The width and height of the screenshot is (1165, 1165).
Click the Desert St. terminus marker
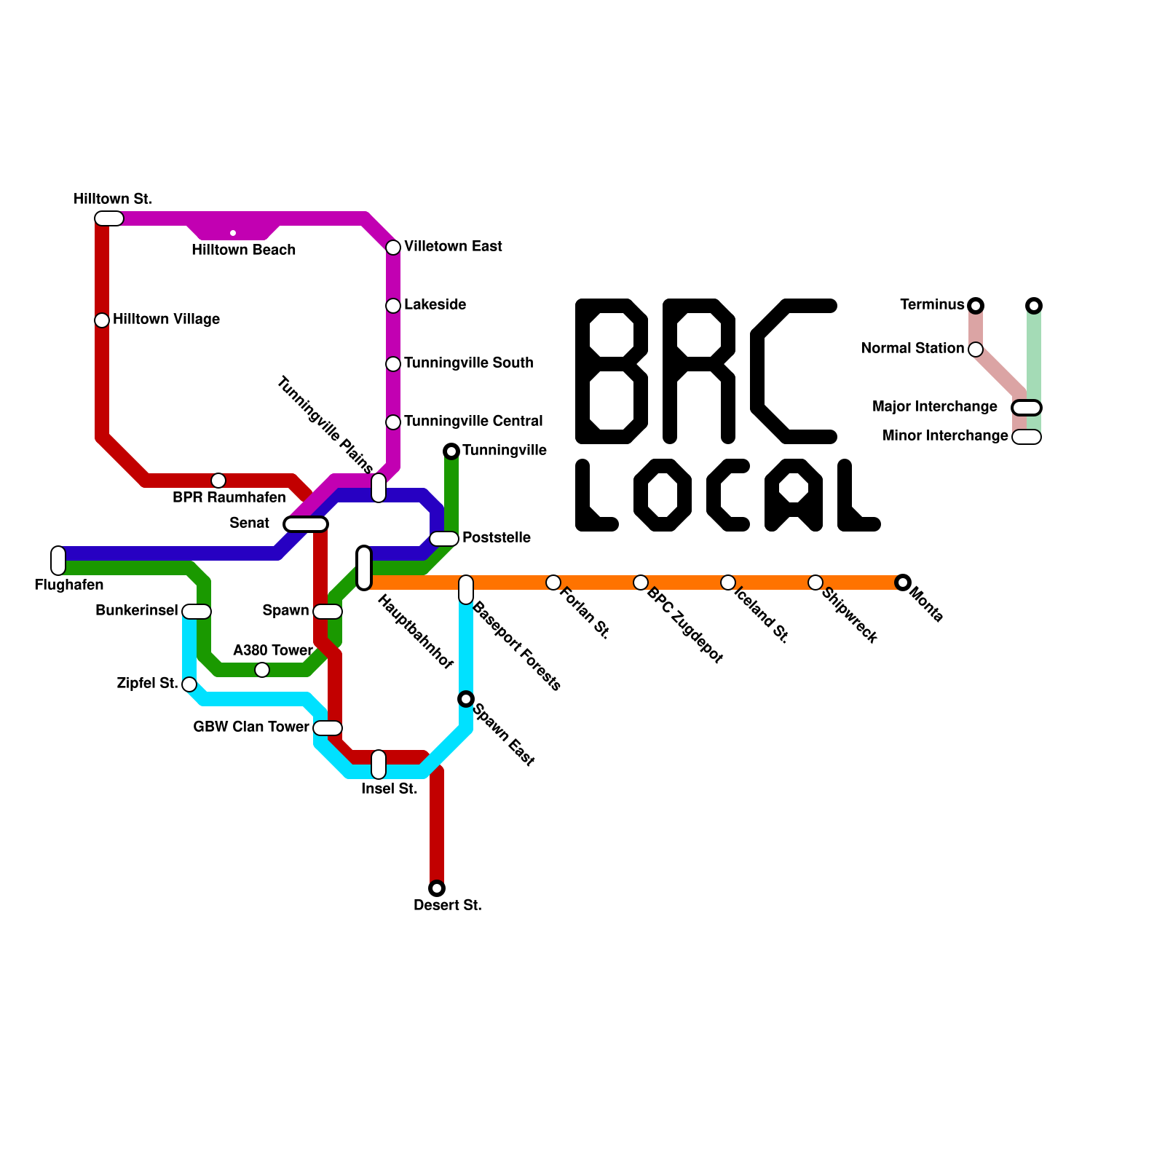[437, 888]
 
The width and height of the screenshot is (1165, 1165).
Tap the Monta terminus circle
[903, 582]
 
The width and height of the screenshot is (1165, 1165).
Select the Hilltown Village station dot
[102, 320]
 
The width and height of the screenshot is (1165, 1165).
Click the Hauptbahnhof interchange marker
[364, 568]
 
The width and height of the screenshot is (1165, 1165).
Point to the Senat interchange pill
[306, 524]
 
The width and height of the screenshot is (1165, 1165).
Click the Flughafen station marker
[58, 560]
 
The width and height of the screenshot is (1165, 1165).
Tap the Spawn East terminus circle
[466, 699]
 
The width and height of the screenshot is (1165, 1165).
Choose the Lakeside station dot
[393, 306]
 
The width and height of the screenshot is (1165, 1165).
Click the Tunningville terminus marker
[451, 451]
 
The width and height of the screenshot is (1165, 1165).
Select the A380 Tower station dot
[262, 670]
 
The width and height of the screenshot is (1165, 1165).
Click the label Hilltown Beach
[243, 250]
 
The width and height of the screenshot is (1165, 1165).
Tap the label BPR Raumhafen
[229, 497]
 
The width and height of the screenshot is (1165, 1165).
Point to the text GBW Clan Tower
[250, 727]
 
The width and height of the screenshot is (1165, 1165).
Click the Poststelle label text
[496, 537]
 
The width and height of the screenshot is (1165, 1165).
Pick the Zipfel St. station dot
[189, 684]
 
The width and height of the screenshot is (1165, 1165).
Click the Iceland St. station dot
[728, 582]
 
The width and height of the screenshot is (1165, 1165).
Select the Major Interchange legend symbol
[1027, 408]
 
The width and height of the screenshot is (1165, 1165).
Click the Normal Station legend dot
[976, 349]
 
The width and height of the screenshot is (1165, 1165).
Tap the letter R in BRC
[699, 371]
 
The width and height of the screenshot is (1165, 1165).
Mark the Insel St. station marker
[379, 764]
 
